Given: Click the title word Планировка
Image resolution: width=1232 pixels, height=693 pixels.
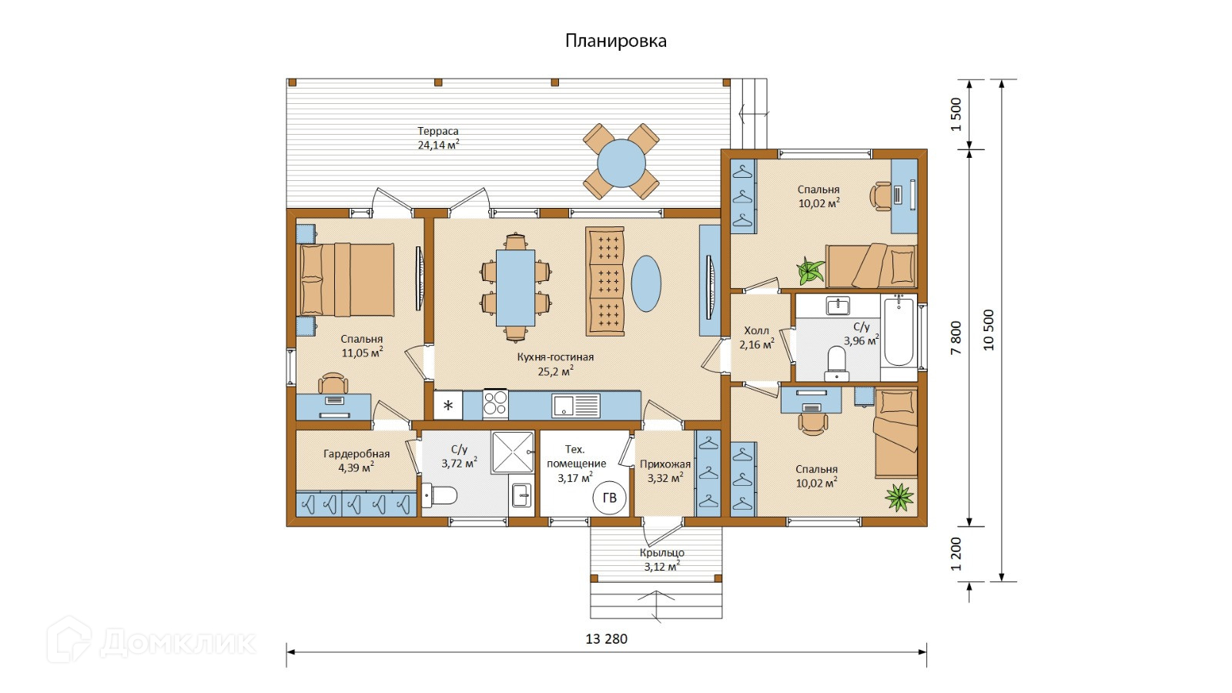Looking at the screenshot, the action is click(x=615, y=42).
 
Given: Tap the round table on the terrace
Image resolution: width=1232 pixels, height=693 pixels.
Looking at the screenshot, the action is click(x=621, y=163).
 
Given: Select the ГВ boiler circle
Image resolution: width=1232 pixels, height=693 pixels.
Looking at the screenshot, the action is click(x=609, y=497).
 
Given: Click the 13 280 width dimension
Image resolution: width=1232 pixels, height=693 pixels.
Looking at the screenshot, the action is click(x=606, y=639).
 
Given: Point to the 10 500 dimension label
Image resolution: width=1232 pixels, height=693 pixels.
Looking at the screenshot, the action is click(x=989, y=330).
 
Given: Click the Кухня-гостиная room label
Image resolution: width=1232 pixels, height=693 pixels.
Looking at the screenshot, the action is click(x=555, y=357).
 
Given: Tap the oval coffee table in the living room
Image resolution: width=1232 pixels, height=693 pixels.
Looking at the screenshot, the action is click(x=646, y=284).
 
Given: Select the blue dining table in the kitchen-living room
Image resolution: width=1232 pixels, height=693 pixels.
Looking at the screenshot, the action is click(x=515, y=288).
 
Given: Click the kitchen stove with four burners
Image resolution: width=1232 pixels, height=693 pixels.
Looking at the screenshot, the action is click(x=495, y=404).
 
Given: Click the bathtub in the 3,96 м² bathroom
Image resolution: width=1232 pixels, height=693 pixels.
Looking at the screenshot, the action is click(x=899, y=332).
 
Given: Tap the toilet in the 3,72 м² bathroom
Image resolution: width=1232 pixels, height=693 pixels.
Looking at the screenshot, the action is click(x=439, y=495).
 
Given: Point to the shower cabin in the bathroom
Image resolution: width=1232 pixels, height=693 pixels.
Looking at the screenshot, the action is click(x=513, y=452).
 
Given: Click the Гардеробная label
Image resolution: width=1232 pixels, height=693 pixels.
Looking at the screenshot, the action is click(x=357, y=454).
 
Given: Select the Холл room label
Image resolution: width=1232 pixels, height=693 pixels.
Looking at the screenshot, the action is click(x=757, y=330).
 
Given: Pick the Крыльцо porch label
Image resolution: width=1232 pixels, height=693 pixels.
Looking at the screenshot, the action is click(x=661, y=553).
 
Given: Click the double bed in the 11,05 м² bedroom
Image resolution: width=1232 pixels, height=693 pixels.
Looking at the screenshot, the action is click(x=346, y=280).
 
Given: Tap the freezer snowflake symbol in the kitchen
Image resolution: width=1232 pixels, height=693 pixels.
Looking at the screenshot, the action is click(x=448, y=406).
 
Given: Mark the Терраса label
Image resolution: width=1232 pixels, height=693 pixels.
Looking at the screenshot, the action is click(x=438, y=131).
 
